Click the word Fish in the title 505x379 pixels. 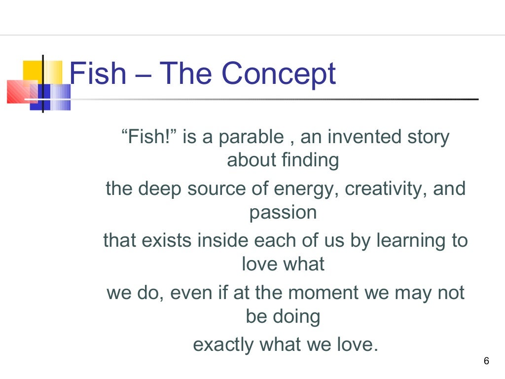point(98,74)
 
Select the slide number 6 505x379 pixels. point(486,361)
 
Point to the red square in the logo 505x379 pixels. point(20,91)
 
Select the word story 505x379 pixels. point(428,137)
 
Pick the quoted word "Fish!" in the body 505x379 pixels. point(149,137)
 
